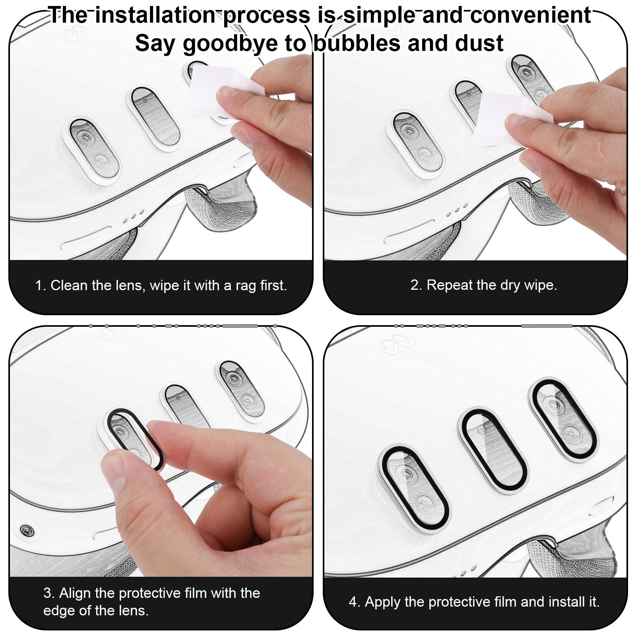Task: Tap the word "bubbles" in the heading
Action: pyautogui.click(x=357, y=43)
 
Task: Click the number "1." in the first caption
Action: pyautogui.click(x=41, y=285)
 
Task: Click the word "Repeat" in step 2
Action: pyautogui.click(x=448, y=285)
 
